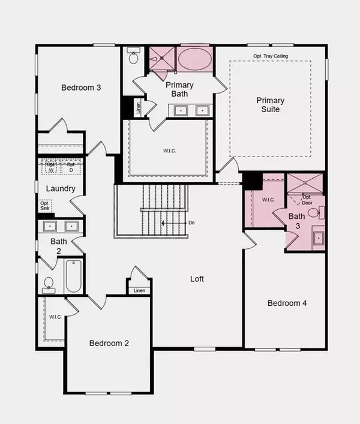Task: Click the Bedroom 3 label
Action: tap(81, 88)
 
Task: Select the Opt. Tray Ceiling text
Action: tap(271, 56)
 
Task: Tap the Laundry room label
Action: tap(61, 189)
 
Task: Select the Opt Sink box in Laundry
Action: tap(46, 206)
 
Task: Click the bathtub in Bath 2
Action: tap(74, 276)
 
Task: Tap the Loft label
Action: tap(198, 279)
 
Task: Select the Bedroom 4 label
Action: tap(287, 303)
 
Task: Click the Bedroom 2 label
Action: tap(109, 344)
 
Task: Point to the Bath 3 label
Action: tap(296, 221)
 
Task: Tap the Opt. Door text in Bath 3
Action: tap(307, 200)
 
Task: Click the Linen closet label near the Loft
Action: tap(139, 291)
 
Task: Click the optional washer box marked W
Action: tap(51, 167)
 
